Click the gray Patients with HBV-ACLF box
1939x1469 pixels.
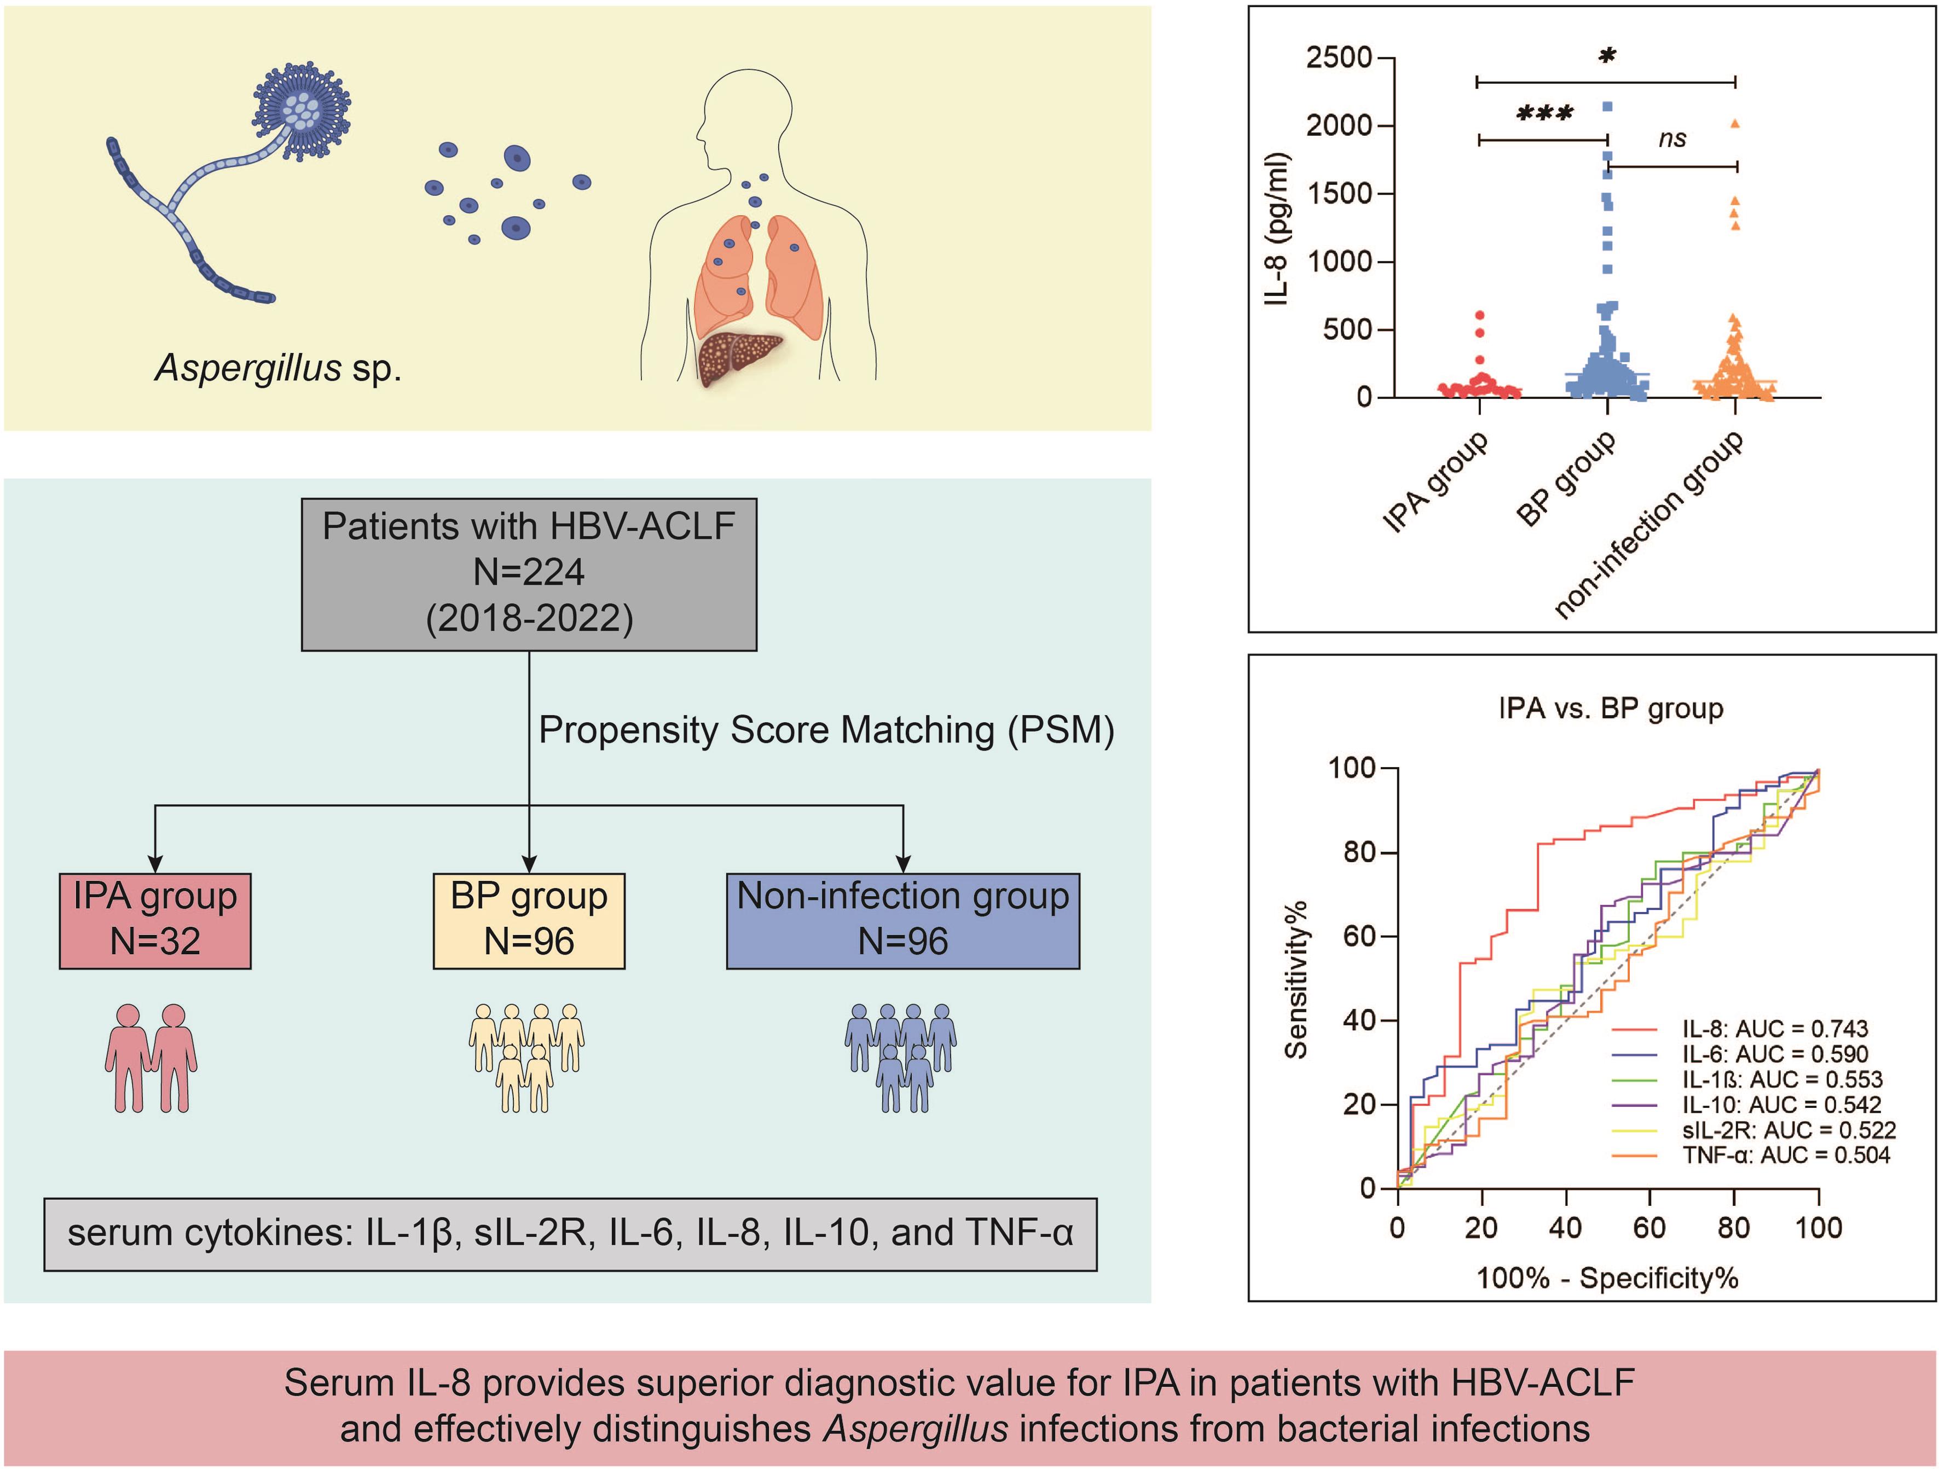(x=529, y=574)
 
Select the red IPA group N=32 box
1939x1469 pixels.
(x=155, y=920)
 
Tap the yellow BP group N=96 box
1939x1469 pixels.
(x=529, y=920)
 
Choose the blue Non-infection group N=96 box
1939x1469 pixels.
(x=903, y=920)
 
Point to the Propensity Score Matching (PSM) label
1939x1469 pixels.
(x=826, y=730)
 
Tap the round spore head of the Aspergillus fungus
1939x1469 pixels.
(x=303, y=109)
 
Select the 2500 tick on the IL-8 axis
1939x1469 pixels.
(x=1339, y=58)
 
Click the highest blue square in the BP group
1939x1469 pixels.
(x=1608, y=107)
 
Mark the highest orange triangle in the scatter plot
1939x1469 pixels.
(x=1735, y=124)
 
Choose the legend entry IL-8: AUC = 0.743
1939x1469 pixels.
(x=1774, y=1028)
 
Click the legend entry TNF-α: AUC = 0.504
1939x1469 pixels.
(x=1785, y=1155)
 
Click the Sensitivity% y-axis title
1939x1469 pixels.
(x=1296, y=979)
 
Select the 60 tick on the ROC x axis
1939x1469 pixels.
(x=1649, y=1227)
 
